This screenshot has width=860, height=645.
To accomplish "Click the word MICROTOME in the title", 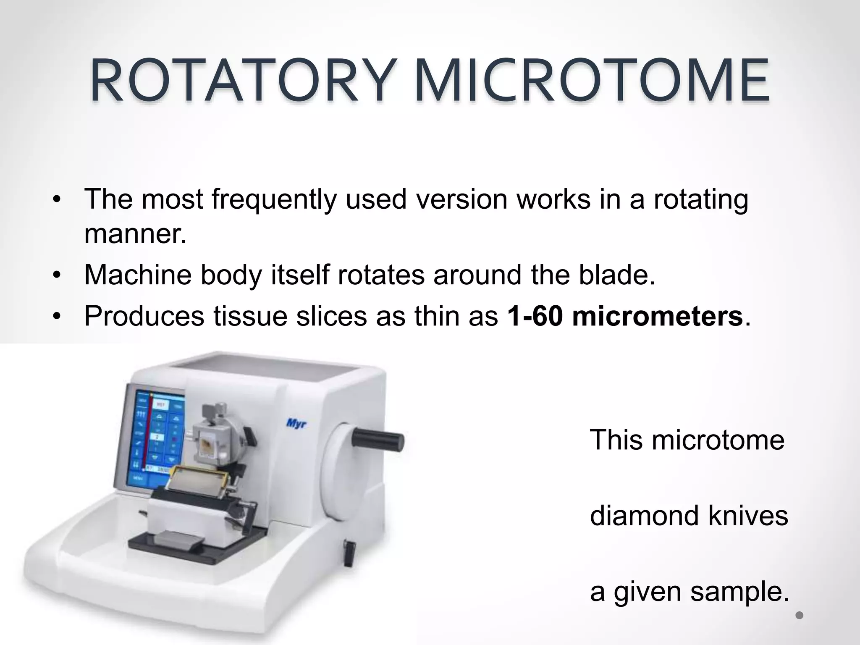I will click(x=592, y=81).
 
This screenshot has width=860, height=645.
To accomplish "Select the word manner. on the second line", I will click(x=135, y=234).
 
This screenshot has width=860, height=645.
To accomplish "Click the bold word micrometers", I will click(x=657, y=316).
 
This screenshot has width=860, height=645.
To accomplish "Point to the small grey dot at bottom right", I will click(x=800, y=616).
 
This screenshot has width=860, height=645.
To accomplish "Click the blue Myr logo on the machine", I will click(x=296, y=423).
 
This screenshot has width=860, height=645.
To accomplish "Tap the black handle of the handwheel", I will click(x=378, y=439).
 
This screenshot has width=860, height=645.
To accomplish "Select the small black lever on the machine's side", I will click(x=349, y=553).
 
